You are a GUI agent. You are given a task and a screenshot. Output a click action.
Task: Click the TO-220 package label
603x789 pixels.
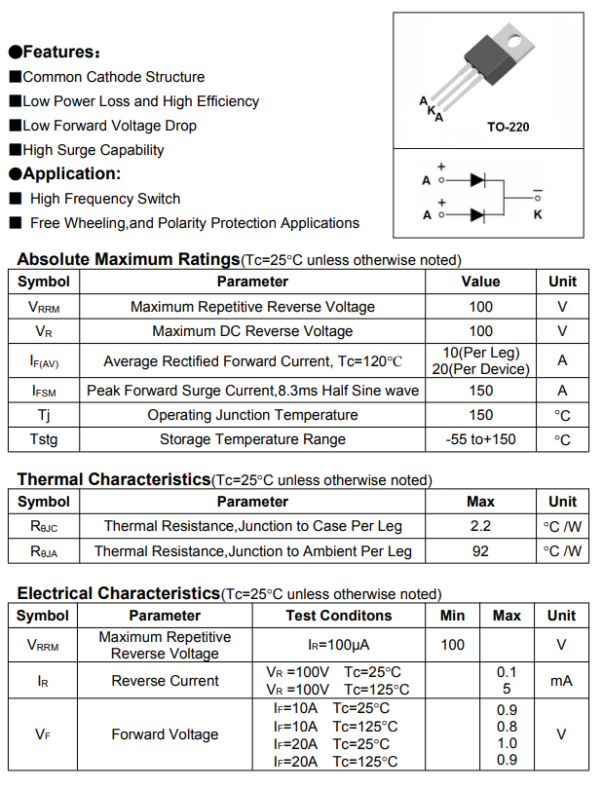coord(508,127)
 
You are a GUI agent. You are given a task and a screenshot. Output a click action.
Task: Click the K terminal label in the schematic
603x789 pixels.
coord(538,213)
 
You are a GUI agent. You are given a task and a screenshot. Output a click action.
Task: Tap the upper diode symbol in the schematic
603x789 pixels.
coord(477,180)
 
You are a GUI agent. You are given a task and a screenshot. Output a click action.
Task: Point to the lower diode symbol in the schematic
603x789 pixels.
coord(477,214)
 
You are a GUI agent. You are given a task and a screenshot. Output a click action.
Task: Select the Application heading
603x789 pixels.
coord(71,173)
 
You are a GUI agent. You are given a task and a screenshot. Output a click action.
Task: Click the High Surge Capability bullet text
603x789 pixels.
coord(94,150)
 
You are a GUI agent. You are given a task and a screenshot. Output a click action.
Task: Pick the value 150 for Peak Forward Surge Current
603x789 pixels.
coord(481,391)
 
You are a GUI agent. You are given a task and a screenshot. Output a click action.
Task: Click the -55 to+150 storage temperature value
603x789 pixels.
coord(481,439)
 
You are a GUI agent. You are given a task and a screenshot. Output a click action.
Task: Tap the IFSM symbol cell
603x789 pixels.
coord(44,391)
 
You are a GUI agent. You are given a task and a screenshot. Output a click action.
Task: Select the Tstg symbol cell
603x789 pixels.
coord(44,439)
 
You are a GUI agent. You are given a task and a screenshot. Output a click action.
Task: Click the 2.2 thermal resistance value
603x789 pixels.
coord(481,526)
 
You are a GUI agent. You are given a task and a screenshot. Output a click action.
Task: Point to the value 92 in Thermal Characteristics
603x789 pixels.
coord(481,551)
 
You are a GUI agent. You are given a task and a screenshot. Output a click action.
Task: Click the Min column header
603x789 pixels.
coord(453,616)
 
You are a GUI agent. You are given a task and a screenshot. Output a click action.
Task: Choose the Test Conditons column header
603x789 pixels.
coord(339,616)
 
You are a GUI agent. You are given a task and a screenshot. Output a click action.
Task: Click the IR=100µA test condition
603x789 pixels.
coord(339,645)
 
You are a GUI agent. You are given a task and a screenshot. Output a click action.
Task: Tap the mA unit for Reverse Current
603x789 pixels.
coord(561,681)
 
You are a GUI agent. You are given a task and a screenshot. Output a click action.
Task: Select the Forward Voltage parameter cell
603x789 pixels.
coord(165,734)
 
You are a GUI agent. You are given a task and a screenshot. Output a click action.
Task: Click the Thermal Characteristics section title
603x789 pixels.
coord(113,479)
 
